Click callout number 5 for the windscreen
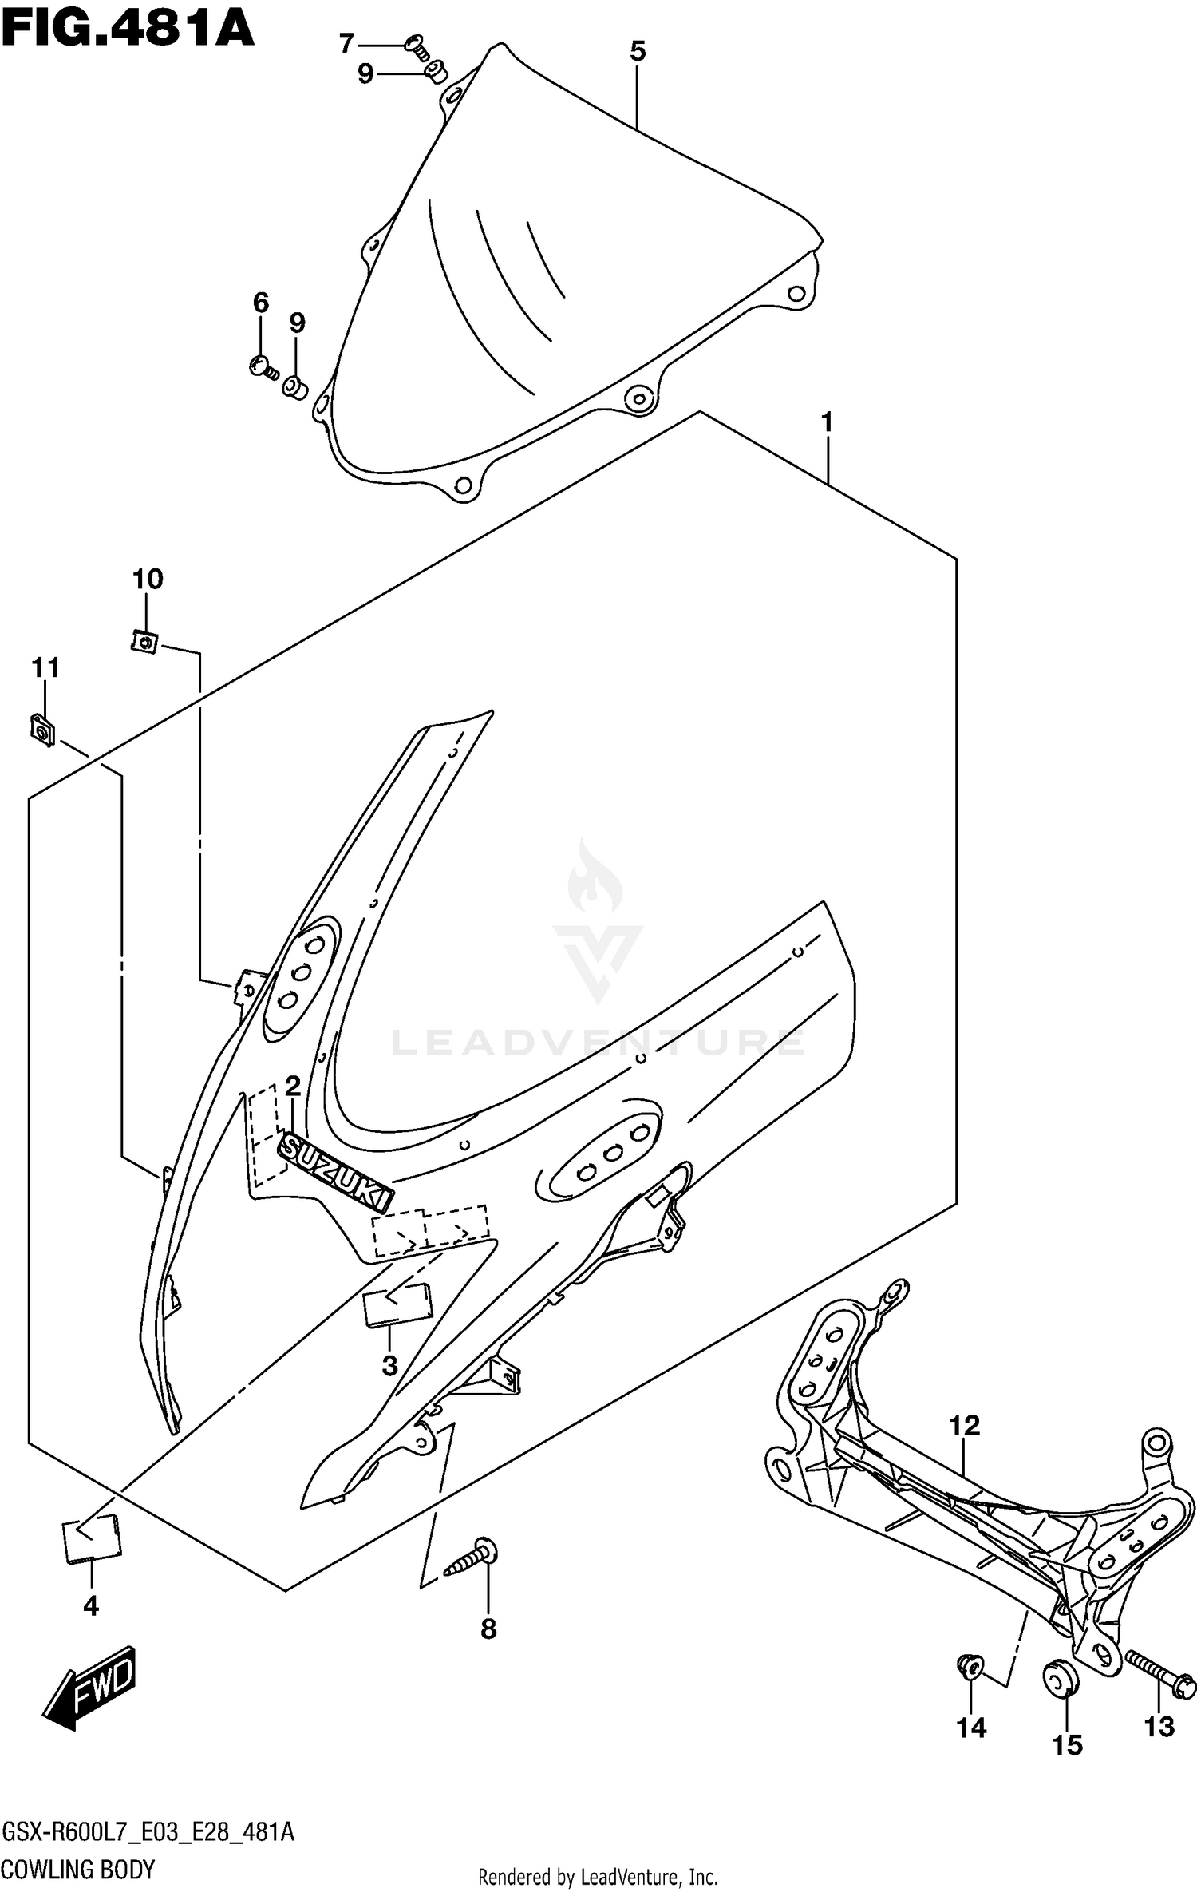pyautogui.click(x=637, y=52)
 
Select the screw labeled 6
pyautogui.click(x=263, y=366)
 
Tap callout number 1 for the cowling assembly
pyautogui.click(x=827, y=422)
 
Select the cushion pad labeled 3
pyautogui.click(x=397, y=1304)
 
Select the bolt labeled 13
pyautogui.click(x=1159, y=1669)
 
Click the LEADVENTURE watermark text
pyautogui.click(x=598, y=1043)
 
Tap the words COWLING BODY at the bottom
pyautogui.click(x=78, y=1869)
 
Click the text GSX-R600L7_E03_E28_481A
pyautogui.click(x=148, y=1831)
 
